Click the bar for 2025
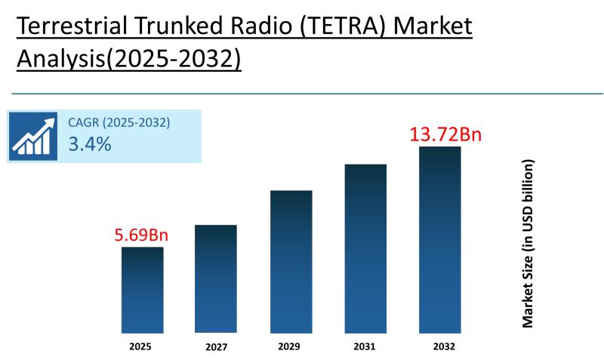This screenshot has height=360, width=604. point(142,290)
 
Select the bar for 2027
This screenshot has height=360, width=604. point(215,278)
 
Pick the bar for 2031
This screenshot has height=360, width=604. point(365,248)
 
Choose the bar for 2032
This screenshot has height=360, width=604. point(440,239)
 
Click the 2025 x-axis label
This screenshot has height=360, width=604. point(140,347)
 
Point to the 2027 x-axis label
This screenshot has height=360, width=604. point(215,348)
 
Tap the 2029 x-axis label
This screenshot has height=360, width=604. point(291,347)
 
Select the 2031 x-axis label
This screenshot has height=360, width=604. point(365,347)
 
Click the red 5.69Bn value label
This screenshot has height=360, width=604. point(141,235)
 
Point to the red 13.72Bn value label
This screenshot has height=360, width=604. point(445,135)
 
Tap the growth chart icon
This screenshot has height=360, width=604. point(33,137)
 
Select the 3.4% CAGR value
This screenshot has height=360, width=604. point(89,144)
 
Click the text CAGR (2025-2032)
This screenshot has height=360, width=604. point(119,122)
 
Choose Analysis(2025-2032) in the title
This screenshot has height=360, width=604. point(128,59)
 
